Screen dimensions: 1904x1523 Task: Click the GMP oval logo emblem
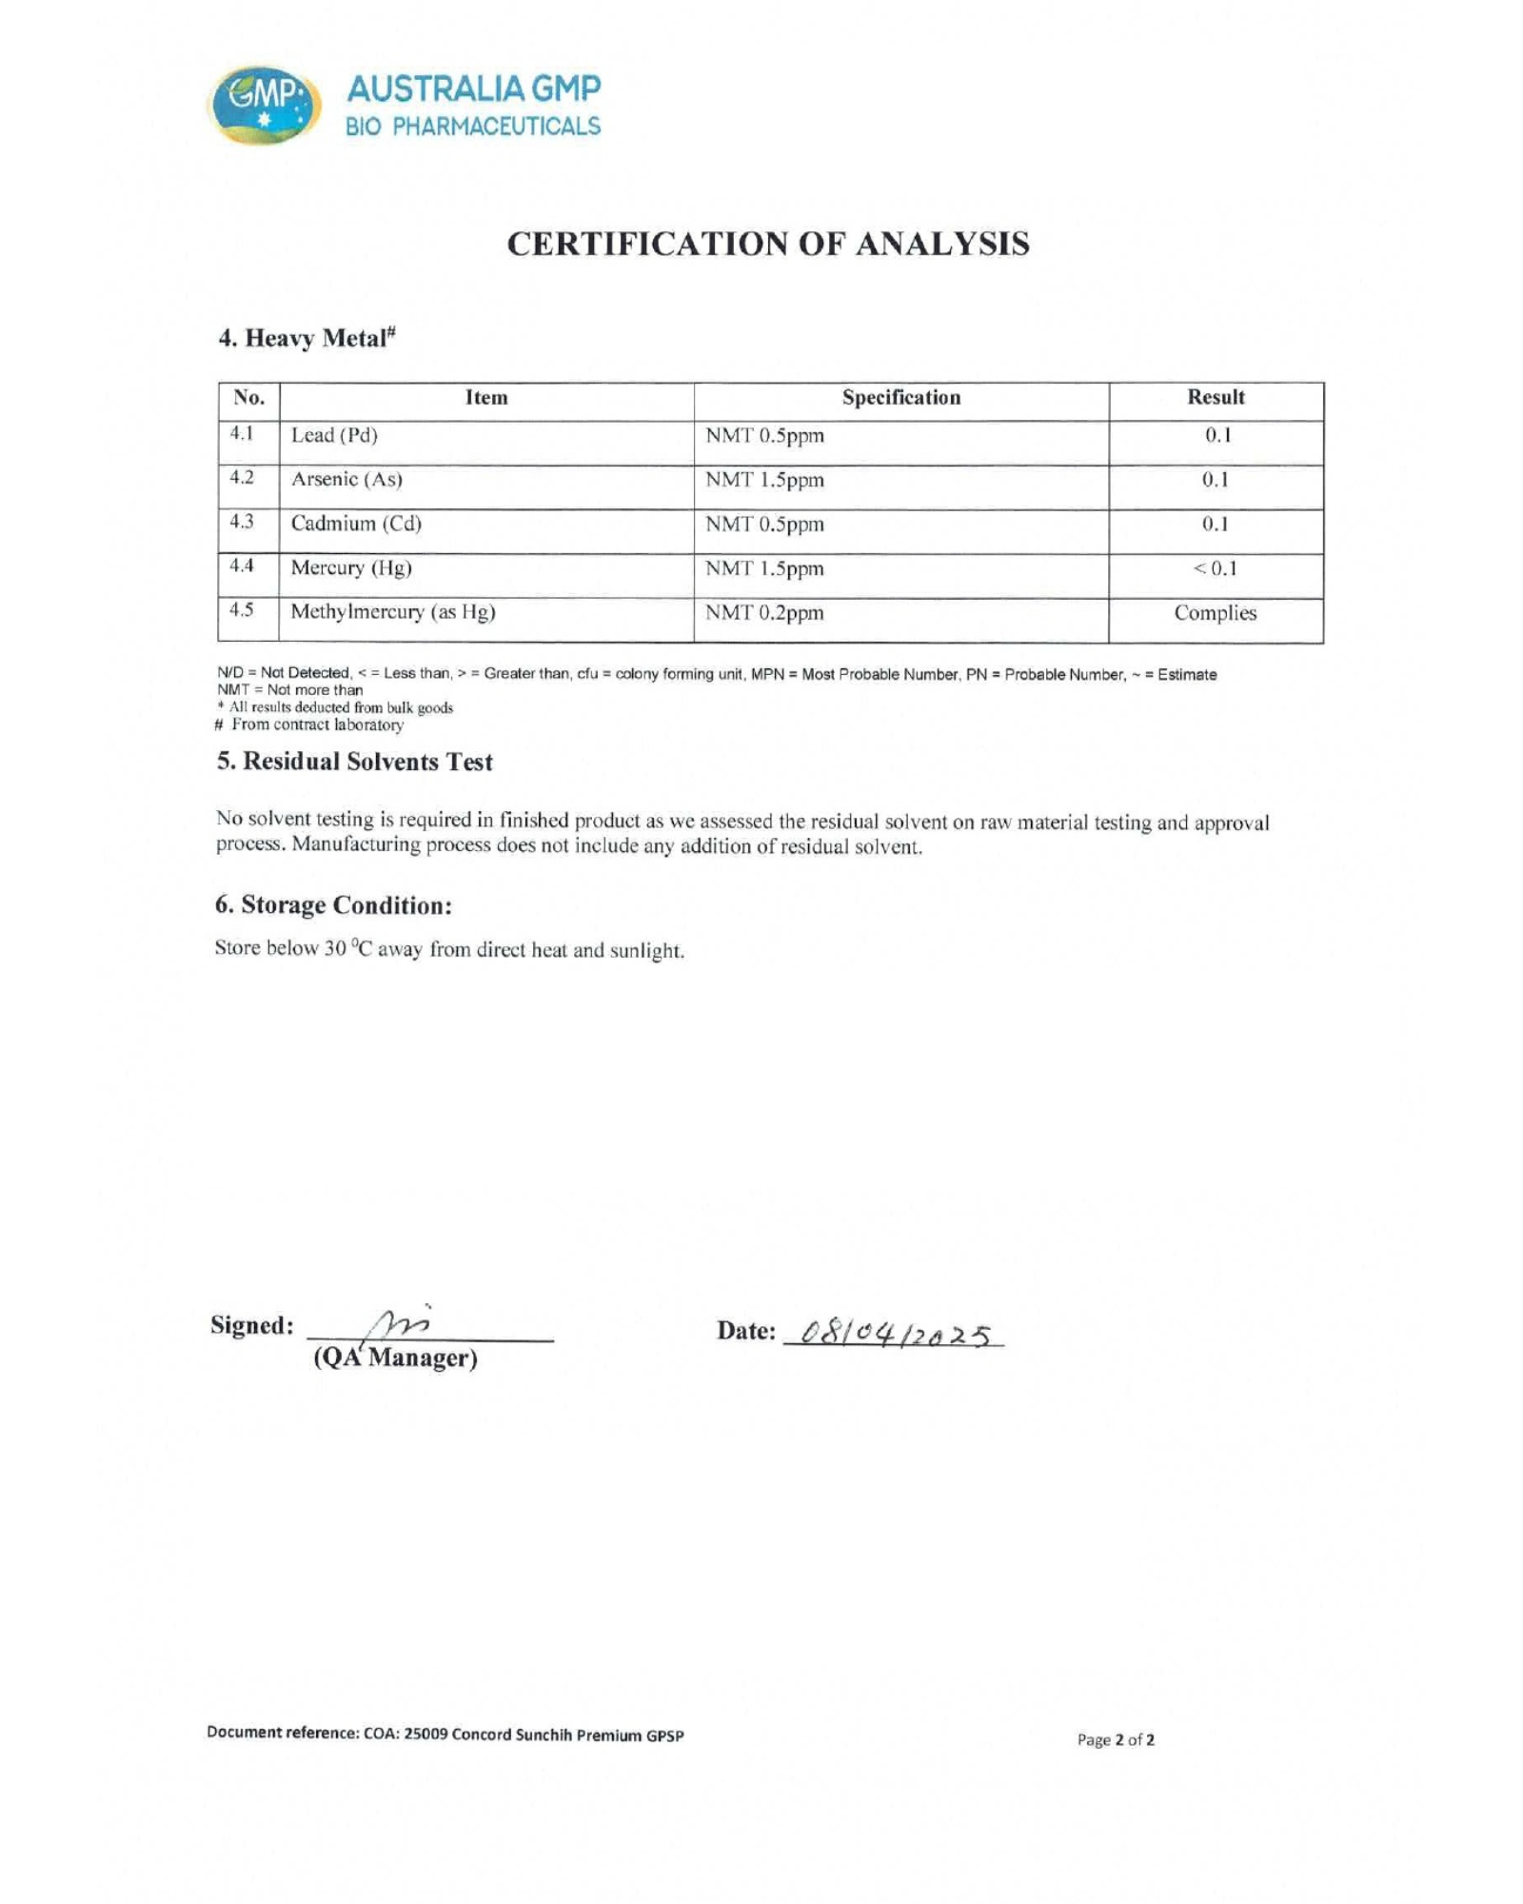click(264, 105)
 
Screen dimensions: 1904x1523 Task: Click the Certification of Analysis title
click(767, 244)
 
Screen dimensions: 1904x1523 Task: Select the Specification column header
click(900, 398)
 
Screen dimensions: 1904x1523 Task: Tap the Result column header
click(1215, 398)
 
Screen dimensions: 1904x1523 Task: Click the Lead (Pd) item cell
click(334, 436)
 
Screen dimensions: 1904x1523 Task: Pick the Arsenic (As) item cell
click(346, 480)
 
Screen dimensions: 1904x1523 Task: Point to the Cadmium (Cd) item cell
click(356, 524)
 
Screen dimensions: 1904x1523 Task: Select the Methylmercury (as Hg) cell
click(393, 612)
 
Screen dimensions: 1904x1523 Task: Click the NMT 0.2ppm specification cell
click(764, 613)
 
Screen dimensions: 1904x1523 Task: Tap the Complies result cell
click(1215, 613)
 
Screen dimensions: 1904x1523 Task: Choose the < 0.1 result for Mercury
click(1215, 569)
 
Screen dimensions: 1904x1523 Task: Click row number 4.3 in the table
click(242, 522)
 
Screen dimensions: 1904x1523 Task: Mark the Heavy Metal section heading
click(307, 338)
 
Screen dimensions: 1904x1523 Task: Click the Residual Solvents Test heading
click(354, 762)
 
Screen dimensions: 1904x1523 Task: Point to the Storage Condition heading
click(333, 904)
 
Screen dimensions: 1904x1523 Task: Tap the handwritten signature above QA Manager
click(400, 1323)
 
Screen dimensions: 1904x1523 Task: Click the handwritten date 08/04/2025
click(895, 1335)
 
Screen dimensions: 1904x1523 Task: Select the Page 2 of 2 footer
click(1116, 1739)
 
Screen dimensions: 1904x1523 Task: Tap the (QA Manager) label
click(395, 1358)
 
